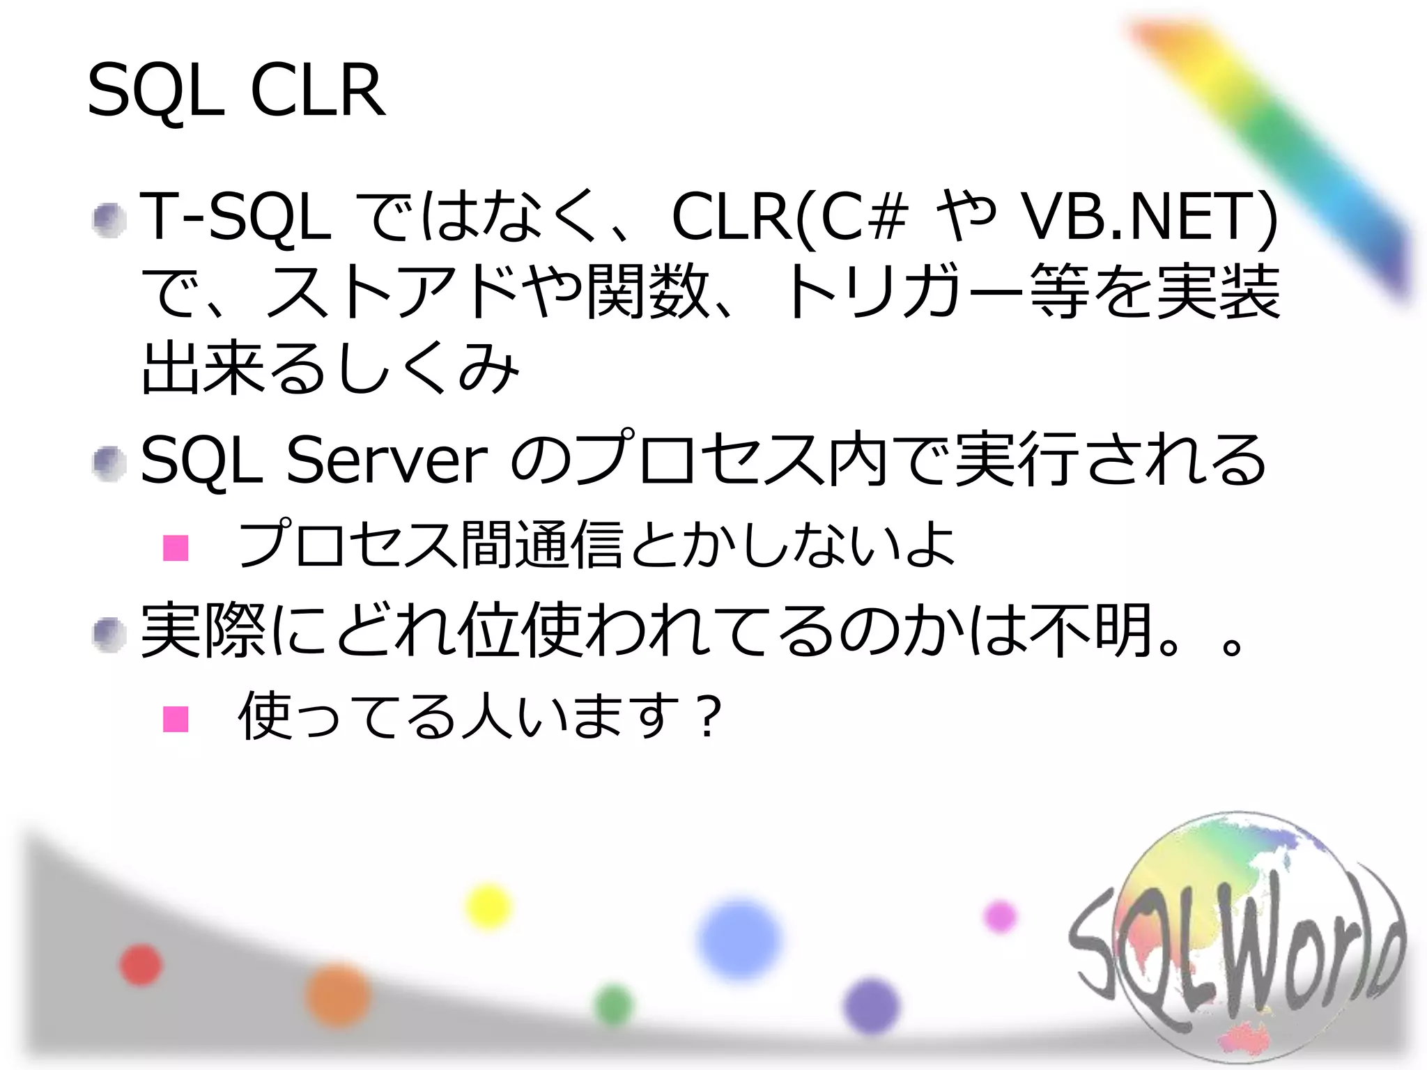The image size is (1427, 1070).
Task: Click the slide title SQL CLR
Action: (x=236, y=91)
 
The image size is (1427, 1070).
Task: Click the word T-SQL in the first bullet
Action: (x=236, y=217)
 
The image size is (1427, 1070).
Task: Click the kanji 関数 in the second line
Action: (x=648, y=292)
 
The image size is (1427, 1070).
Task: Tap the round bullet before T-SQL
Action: (x=109, y=220)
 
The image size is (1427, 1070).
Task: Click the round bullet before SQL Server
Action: (x=109, y=463)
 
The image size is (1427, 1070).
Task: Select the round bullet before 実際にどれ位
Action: (x=109, y=635)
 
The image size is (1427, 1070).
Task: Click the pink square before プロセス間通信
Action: (x=176, y=548)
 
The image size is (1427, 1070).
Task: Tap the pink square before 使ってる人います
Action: (x=176, y=719)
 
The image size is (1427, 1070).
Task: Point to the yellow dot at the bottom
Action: (x=488, y=906)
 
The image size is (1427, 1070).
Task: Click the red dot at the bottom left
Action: (x=141, y=966)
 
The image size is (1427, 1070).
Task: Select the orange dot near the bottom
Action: (x=338, y=995)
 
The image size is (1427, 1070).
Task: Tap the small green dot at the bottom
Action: (x=614, y=1005)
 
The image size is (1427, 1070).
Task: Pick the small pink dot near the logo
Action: (x=1001, y=915)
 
